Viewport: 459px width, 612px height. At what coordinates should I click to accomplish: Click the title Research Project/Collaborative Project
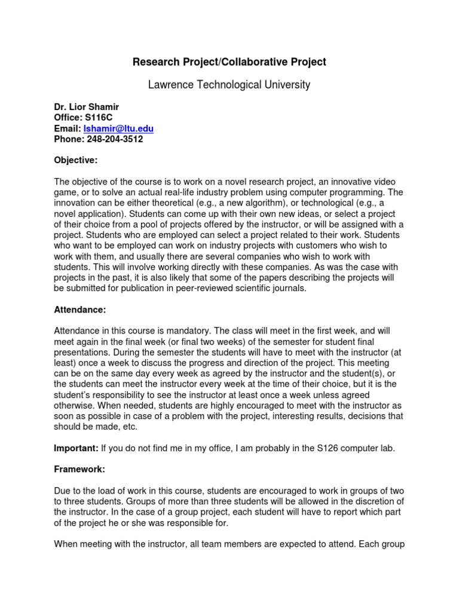pyautogui.click(x=229, y=62)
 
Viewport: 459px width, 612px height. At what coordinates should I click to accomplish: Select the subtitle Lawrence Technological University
pyautogui.click(x=229, y=85)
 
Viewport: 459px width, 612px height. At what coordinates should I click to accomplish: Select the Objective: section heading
pyautogui.click(x=76, y=160)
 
